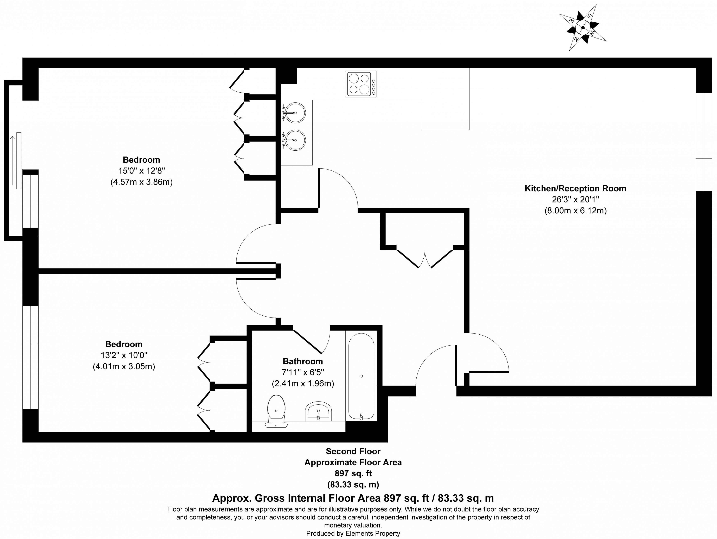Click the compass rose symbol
[x=583, y=27]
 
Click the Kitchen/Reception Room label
[x=575, y=188]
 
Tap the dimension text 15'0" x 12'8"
[x=141, y=171]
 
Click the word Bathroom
[x=303, y=361]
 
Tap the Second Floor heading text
[x=353, y=451]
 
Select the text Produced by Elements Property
[x=353, y=533]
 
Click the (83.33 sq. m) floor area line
[x=353, y=485]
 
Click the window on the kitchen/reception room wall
[x=704, y=142]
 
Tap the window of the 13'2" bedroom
[x=31, y=358]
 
